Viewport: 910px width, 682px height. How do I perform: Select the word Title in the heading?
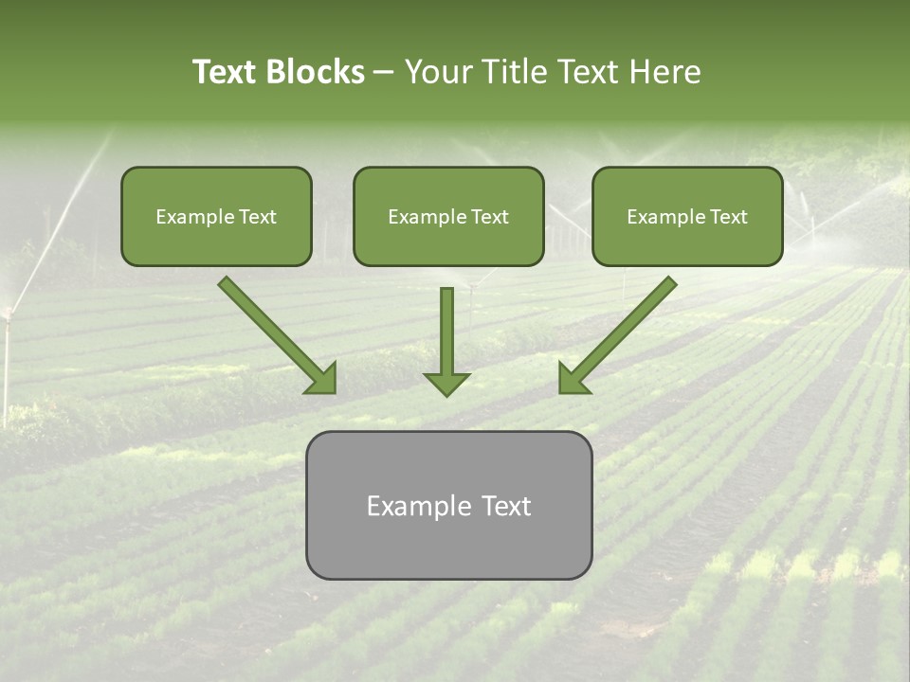click(x=516, y=72)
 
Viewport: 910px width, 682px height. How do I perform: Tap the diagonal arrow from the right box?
click(x=626, y=328)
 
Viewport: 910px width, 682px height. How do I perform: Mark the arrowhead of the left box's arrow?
click(x=322, y=379)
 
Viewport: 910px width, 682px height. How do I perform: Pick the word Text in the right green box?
click(x=728, y=217)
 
